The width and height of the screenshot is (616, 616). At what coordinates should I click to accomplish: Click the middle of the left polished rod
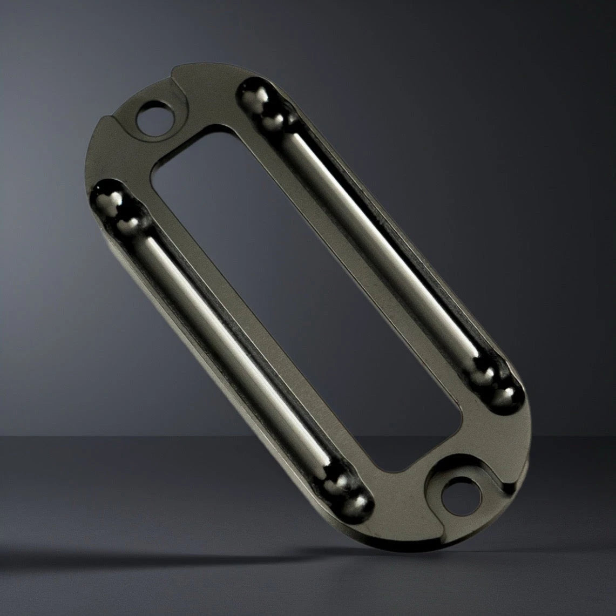[232, 346]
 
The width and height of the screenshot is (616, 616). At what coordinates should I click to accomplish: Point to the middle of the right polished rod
[378, 238]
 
